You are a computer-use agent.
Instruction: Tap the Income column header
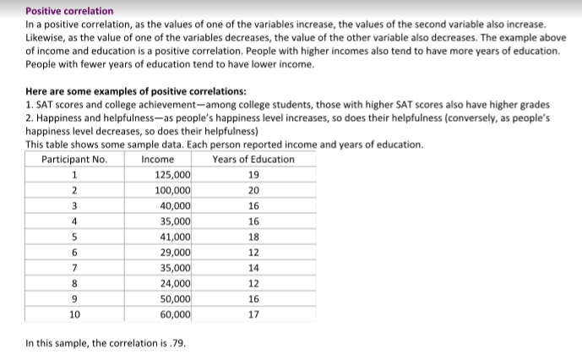tap(158, 159)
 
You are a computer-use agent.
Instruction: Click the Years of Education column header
tap(253, 159)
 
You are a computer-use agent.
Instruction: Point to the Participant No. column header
tap(74, 159)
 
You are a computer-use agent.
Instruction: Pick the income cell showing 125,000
tap(173, 175)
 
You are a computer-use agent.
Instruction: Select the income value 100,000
tap(173, 190)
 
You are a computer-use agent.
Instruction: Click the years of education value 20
tap(254, 190)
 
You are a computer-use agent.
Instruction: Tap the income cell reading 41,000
tap(176, 237)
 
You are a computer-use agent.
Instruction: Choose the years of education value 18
tap(254, 237)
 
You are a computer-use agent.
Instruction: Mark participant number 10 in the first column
tap(74, 314)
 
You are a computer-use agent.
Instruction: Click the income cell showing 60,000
tap(176, 314)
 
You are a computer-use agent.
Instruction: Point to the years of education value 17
tap(254, 314)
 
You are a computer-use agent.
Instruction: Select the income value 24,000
tap(176, 283)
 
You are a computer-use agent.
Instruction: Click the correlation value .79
tap(178, 344)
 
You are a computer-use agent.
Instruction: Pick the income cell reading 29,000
tap(176, 252)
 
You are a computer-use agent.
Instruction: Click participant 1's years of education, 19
tap(254, 175)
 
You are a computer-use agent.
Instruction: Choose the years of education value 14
tap(254, 267)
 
